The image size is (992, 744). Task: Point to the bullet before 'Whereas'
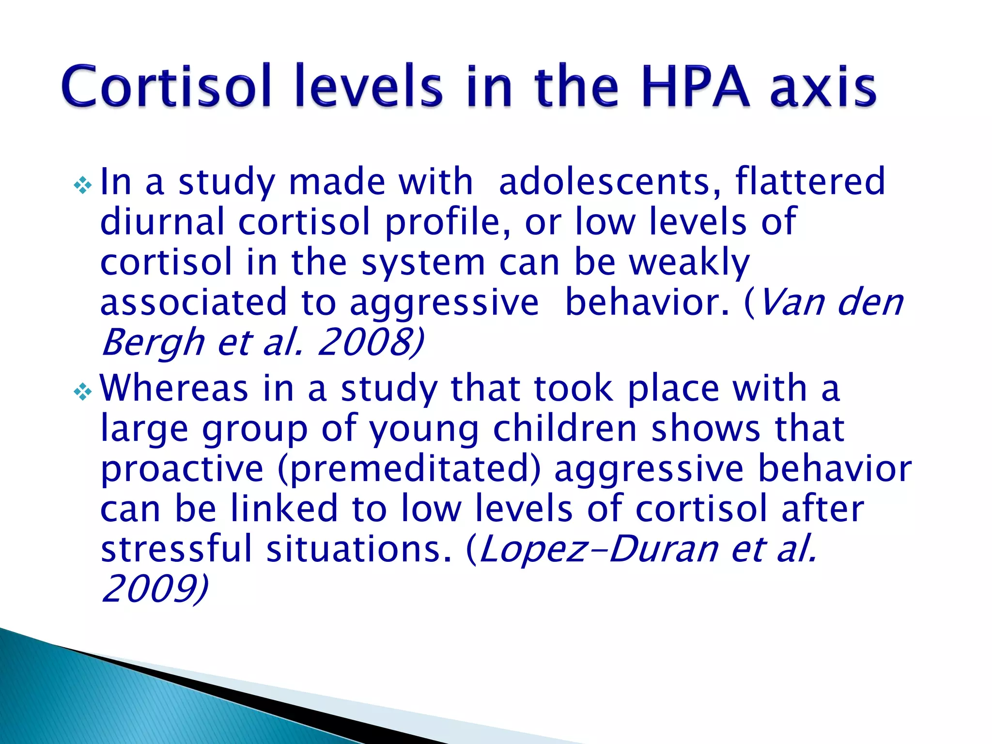[x=82, y=391]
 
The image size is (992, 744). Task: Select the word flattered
[x=810, y=182]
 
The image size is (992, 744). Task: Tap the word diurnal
[x=162, y=222]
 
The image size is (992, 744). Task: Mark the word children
[x=565, y=429]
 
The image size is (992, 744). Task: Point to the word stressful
[x=177, y=549]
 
